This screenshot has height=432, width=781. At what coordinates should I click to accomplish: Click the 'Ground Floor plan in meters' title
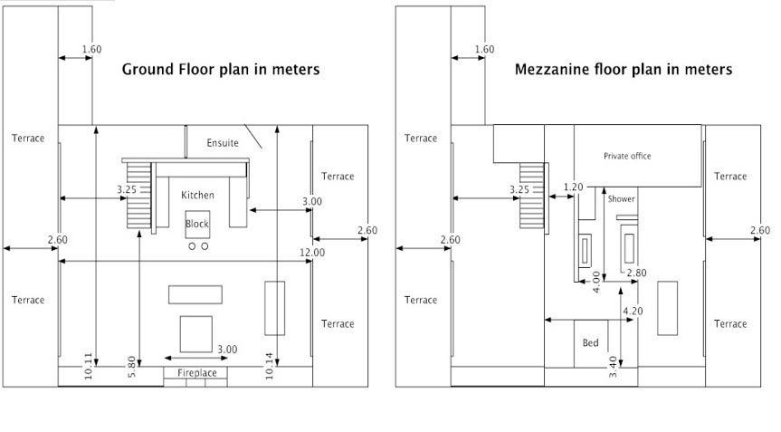tap(221, 69)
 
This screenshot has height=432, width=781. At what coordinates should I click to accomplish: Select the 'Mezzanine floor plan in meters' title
tap(624, 69)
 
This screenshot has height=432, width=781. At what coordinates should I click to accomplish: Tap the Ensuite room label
tap(223, 143)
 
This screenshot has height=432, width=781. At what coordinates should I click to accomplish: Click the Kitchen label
tap(198, 196)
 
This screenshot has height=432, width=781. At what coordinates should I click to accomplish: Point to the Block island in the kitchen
tap(197, 225)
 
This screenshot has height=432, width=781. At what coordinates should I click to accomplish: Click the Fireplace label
tap(196, 373)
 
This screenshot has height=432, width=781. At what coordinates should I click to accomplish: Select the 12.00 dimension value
tap(312, 253)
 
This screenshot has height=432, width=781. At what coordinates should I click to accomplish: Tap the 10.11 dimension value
tap(88, 366)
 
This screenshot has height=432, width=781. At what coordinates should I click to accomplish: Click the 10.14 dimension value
tap(269, 366)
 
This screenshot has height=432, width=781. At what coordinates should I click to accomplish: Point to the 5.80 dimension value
tap(131, 367)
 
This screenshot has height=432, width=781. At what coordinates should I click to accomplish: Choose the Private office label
tap(627, 156)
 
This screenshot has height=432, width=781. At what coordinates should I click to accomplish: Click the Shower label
tap(621, 199)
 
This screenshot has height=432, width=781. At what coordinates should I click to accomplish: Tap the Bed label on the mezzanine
tap(590, 343)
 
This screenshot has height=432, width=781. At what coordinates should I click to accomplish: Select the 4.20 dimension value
tap(633, 312)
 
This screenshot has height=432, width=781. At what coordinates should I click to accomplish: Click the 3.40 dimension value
tap(613, 367)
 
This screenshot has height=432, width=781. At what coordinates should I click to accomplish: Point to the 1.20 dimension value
tap(573, 187)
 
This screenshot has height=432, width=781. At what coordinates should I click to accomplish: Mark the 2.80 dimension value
tap(636, 273)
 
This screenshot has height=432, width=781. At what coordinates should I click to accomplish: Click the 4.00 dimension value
tap(596, 282)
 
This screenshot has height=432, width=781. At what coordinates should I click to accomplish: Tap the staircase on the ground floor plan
tap(138, 195)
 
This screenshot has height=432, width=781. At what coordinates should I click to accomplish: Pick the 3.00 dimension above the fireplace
tap(227, 350)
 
